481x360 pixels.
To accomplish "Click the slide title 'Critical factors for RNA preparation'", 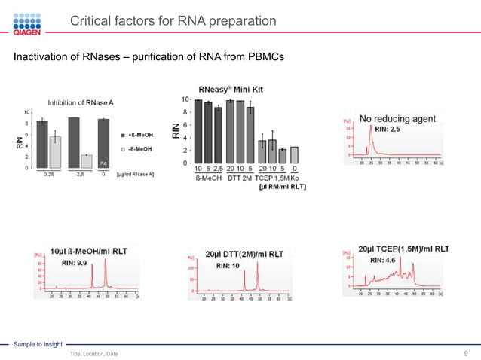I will pos(173,20).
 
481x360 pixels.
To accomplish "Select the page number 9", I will pos(467,353).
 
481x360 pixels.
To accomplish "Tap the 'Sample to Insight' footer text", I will pos(38,343).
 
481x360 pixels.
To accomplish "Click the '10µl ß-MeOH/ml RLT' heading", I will pos(85,251).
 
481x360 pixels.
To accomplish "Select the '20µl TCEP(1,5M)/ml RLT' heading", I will pos(403,249).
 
